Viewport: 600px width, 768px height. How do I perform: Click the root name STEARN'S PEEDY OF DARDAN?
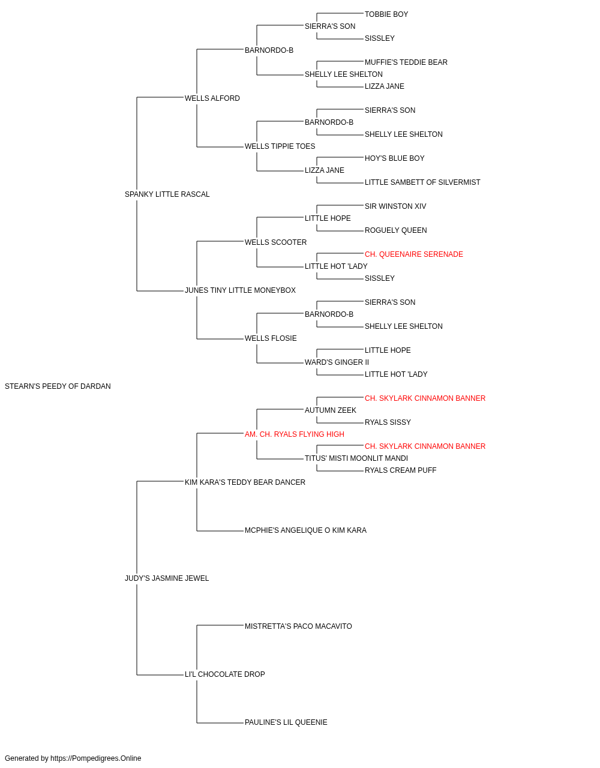[58, 386]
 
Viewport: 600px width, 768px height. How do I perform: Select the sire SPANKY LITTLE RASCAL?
[167, 194]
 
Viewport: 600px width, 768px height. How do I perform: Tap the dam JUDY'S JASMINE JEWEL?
[167, 578]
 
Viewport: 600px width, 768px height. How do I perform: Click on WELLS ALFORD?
[212, 98]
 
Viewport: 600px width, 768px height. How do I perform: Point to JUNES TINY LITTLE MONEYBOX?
[240, 290]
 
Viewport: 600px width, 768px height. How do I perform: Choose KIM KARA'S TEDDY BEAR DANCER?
[245, 482]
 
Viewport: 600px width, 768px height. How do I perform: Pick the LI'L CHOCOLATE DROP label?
[225, 674]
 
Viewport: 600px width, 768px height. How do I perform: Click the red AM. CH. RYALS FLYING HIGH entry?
[295, 434]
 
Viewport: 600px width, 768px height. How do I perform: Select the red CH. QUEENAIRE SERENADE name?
[414, 254]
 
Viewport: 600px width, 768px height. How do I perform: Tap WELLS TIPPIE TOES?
[280, 146]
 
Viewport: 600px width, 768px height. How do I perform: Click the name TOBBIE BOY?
[386, 14]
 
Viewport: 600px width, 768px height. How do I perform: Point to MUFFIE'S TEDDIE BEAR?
[406, 62]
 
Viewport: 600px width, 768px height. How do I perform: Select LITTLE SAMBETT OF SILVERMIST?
[422, 182]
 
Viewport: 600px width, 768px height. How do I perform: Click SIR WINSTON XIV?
[395, 206]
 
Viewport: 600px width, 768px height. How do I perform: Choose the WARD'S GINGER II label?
[337, 362]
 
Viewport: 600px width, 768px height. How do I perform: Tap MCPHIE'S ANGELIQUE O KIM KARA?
[305, 530]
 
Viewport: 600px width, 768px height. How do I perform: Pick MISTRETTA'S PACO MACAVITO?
[298, 626]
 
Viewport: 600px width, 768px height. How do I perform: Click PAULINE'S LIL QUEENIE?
[286, 722]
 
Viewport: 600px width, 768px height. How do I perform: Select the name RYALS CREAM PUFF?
[400, 470]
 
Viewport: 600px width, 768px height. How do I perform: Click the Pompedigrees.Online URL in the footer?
[96, 758]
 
